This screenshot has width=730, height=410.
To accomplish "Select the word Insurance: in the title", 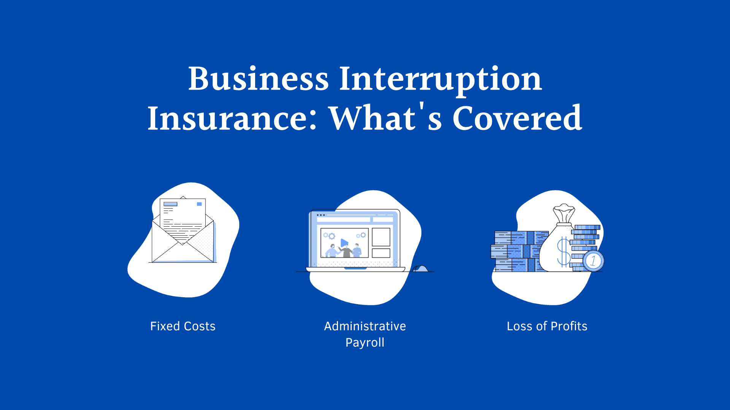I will coord(232,118).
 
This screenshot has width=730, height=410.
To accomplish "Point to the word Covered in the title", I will coord(517,118).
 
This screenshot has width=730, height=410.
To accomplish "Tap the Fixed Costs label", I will coord(182,326).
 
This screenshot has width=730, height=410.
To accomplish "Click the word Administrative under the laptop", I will coord(365,326).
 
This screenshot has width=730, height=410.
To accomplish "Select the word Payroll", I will coord(365,342).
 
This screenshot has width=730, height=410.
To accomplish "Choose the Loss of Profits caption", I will coord(547,326).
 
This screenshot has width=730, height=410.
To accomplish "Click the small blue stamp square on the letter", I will coord(199,204).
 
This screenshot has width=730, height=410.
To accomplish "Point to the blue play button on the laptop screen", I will coord(344,243).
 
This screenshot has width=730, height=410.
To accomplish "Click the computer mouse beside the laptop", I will coord(421,268).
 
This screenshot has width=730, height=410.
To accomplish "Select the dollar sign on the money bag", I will coord(563,251).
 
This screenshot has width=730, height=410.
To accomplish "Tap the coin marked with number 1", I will coord(593,261).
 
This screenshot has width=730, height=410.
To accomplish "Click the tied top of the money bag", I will coord(564,213).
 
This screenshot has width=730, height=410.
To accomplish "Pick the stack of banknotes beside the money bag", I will coord(517,251).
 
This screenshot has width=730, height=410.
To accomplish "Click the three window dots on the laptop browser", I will coord(321,215).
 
